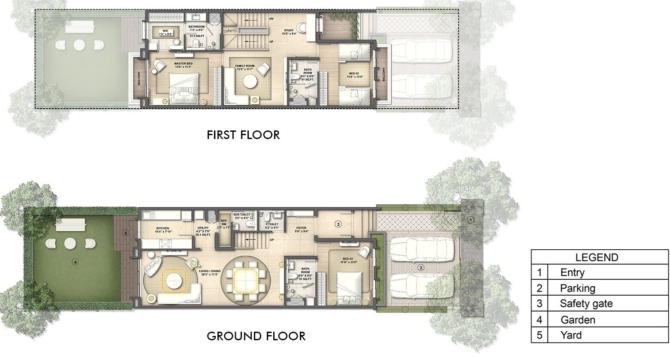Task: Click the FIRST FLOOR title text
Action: pos(243,135)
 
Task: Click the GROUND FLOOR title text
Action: pos(256,336)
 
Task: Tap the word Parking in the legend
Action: pos(577,288)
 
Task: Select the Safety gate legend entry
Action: pos(586,304)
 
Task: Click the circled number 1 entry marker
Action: pos(471,220)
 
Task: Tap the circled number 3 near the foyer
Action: pos(338,224)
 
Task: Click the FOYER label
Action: pos(302,229)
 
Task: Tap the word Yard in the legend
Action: pos(571,335)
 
